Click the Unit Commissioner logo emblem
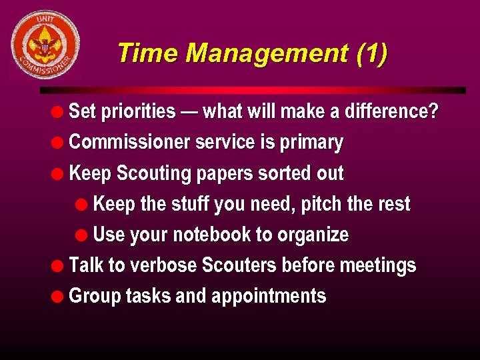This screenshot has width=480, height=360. point(45,45)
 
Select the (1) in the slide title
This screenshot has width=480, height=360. point(371,53)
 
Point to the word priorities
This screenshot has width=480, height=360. point(138,111)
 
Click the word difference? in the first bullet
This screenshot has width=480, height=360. point(391,111)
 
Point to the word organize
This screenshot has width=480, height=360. point(313,235)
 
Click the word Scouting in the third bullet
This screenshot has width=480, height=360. point(153,173)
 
